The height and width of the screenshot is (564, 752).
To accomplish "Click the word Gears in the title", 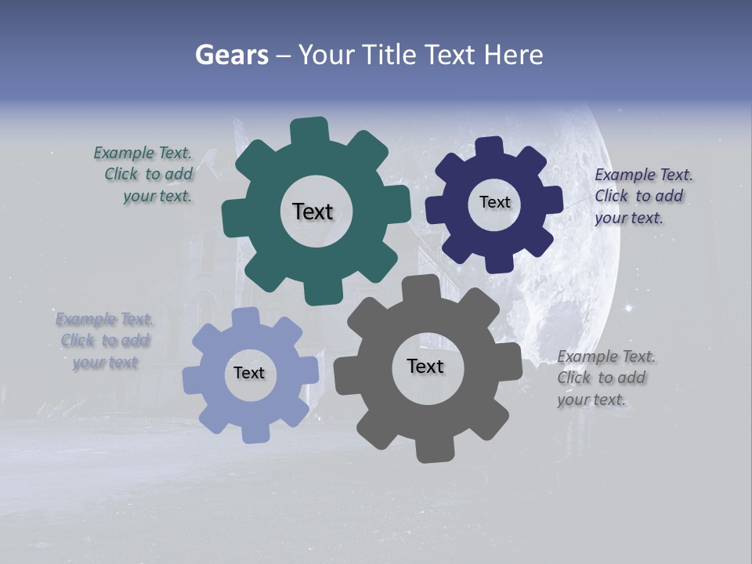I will [x=231, y=55].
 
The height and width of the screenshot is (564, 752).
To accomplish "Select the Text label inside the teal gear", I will [x=313, y=211].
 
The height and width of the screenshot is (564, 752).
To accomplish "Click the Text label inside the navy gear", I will [x=494, y=202].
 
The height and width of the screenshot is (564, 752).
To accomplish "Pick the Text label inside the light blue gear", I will [x=249, y=373].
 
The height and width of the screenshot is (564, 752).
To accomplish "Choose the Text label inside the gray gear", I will [x=425, y=366].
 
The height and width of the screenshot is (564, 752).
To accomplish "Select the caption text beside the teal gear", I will [x=146, y=175].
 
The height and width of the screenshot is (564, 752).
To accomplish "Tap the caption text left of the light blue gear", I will [x=104, y=341].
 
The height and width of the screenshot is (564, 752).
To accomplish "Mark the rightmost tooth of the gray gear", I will [x=508, y=363].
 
